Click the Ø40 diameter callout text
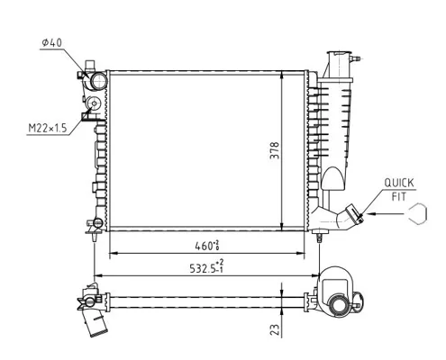tap(51, 43)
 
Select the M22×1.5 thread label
tap(47, 129)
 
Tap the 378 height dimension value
tap(274, 150)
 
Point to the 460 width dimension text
tap(207, 246)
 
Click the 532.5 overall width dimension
tap(206, 267)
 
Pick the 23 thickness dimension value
tap(275, 329)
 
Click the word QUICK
tap(399, 183)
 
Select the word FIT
tap(399, 197)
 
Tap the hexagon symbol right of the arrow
tap(417, 213)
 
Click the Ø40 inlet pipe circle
tap(98, 81)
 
